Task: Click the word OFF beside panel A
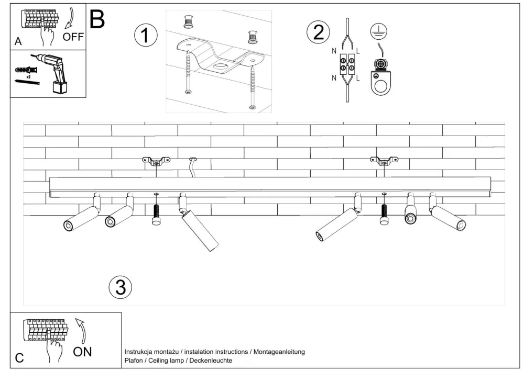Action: (73, 37)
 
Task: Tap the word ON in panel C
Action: (82, 352)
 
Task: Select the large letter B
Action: (97, 19)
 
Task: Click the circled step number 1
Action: (146, 35)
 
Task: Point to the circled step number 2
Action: (318, 32)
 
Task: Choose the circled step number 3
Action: (121, 287)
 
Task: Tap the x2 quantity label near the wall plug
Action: (28, 77)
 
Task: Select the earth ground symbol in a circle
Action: (379, 32)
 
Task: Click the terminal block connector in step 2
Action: (347, 64)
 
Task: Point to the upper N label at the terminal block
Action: (334, 51)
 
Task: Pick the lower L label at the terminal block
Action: (358, 78)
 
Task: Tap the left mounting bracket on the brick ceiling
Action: (156, 161)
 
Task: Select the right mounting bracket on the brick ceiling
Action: (384, 161)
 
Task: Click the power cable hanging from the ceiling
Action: (192, 167)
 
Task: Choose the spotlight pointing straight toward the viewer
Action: (410, 211)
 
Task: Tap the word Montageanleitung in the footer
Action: (279, 352)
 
